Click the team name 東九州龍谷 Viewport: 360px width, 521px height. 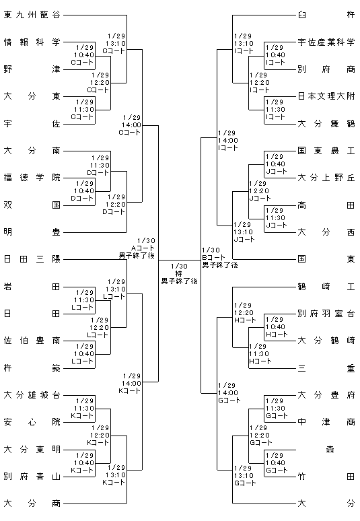point(32,15)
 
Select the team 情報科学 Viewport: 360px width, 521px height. point(32,42)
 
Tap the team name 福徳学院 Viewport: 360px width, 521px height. point(32,178)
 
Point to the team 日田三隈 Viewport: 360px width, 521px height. point(32,259)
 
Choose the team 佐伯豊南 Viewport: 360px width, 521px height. point(32,341)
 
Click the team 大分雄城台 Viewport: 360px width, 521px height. point(32,395)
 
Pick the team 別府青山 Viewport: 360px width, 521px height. point(32,477)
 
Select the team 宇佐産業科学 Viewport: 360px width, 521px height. point(326,42)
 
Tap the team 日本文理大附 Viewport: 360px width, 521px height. point(326,96)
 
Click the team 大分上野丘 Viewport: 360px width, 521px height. point(326,178)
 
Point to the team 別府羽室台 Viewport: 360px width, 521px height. point(326,314)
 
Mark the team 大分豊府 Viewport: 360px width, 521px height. point(326,395)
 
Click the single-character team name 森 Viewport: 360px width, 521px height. point(330,450)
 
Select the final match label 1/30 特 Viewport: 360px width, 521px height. point(180,274)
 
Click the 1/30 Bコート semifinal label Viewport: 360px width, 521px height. point(220,258)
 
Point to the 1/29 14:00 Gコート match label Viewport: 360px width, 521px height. point(229,392)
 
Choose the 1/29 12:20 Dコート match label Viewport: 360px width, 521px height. point(114,205)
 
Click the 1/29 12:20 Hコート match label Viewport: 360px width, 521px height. point(245,312)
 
